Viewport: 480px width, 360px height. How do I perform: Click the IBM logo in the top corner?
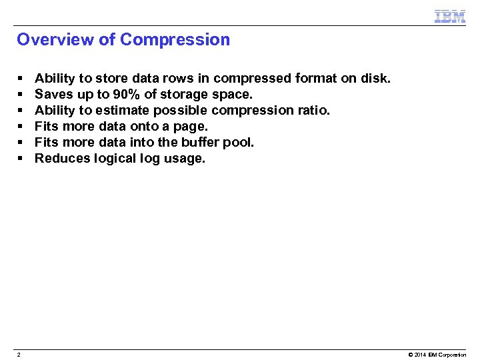point(449,16)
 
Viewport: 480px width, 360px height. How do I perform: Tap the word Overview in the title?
point(55,39)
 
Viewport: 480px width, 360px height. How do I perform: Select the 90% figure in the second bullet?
point(127,94)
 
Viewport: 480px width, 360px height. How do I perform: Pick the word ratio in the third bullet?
point(313,110)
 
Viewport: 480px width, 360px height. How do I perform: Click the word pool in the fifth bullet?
point(240,142)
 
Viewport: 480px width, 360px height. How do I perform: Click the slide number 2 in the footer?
point(19,354)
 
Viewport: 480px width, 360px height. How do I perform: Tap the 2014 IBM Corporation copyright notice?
point(437,354)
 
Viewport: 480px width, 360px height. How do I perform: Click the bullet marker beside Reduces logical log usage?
point(21,158)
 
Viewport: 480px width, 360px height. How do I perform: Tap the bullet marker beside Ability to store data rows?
point(21,78)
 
